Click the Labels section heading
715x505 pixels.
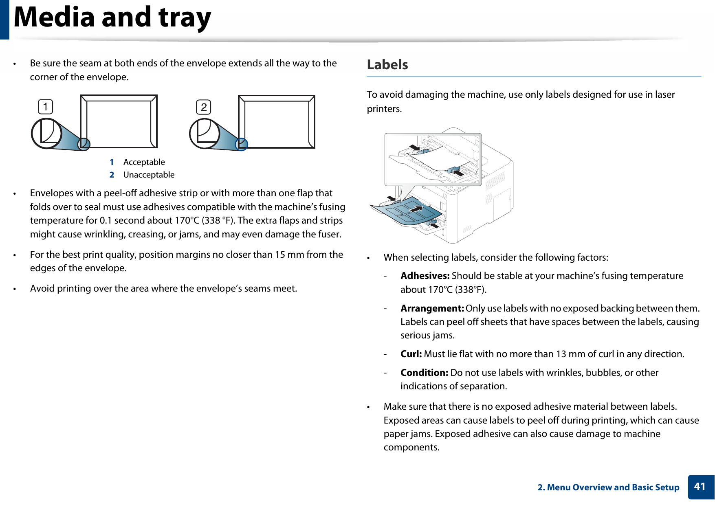click(387, 65)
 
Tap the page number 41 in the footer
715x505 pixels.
click(700, 487)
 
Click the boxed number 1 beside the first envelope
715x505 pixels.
click(46, 107)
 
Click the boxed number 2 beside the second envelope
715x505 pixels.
click(204, 108)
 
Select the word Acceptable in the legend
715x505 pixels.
click(144, 162)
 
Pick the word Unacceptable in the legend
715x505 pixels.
click(149, 175)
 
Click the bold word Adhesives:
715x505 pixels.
click(425, 276)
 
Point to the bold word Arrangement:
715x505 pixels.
click(432, 308)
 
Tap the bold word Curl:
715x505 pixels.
click(411, 354)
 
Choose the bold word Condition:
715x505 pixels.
click(424, 373)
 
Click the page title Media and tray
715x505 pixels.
click(112, 18)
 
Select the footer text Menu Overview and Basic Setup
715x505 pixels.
click(613, 487)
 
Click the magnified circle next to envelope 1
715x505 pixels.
click(46, 133)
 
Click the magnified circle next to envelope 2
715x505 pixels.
click(205, 134)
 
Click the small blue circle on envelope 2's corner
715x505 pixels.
click(242, 144)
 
